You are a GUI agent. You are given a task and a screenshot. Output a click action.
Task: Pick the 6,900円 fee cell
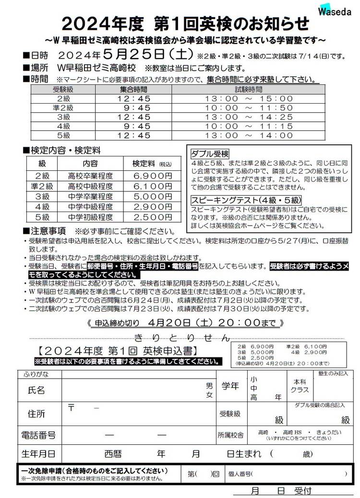tap(152, 176)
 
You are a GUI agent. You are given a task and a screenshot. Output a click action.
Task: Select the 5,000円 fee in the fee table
tap(152, 197)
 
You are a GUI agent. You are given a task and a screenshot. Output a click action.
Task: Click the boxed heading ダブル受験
tap(210, 154)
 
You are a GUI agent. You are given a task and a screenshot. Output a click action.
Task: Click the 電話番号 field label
tap(39, 435)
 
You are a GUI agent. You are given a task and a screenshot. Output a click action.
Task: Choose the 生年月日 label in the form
tap(39, 453)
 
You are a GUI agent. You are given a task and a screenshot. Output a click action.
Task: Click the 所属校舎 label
tap(230, 435)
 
